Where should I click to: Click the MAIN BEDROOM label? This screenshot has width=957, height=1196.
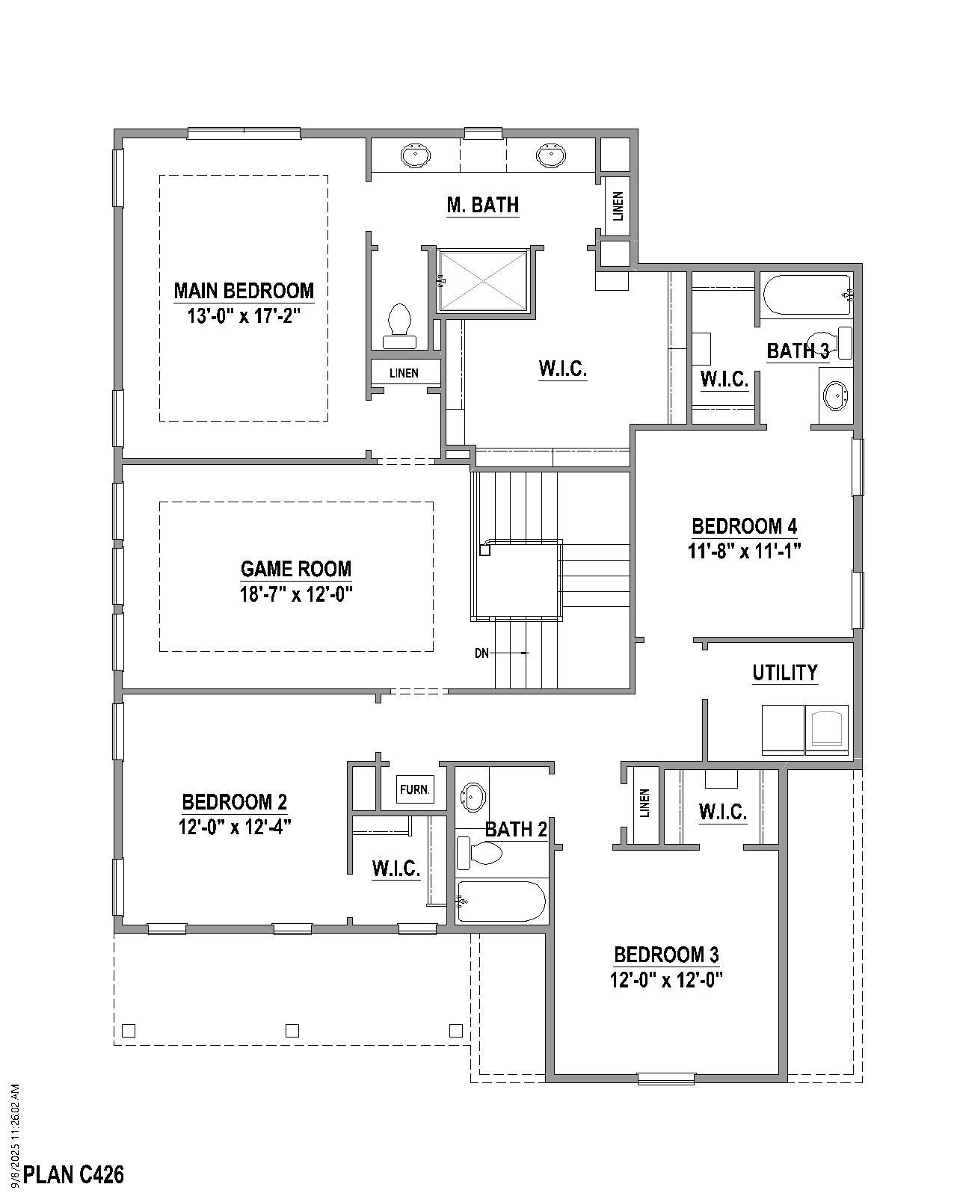(x=244, y=290)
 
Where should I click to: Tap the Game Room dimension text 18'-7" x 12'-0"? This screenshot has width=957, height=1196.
(x=296, y=594)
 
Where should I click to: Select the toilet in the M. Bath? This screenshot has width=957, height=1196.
(x=399, y=326)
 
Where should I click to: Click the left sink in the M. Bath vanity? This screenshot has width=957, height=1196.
(x=415, y=155)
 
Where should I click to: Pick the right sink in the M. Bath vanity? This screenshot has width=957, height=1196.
(x=551, y=155)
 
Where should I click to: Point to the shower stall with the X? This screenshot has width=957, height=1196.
(x=484, y=280)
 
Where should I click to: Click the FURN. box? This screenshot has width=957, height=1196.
(x=414, y=789)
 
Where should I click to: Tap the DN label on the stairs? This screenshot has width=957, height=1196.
(x=481, y=653)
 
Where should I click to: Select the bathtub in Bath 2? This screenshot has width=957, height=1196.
(x=501, y=901)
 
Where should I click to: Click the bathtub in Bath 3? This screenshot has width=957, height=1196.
(x=806, y=295)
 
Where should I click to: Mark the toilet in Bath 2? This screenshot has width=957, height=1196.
(x=480, y=854)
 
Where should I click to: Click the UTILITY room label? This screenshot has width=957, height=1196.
(x=784, y=673)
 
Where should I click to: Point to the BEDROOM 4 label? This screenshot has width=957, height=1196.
(x=744, y=526)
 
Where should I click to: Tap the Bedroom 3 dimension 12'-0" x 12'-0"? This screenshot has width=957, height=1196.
(x=666, y=980)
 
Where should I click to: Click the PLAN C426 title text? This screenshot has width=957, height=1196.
(x=74, y=1175)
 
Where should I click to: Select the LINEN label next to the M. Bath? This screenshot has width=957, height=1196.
(x=618, y=206)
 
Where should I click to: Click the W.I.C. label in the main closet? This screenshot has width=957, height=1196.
(x=562, y=369)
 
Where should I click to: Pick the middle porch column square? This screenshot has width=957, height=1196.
(x=292, y=1031)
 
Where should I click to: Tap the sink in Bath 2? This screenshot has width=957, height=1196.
(x=473, y=797)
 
